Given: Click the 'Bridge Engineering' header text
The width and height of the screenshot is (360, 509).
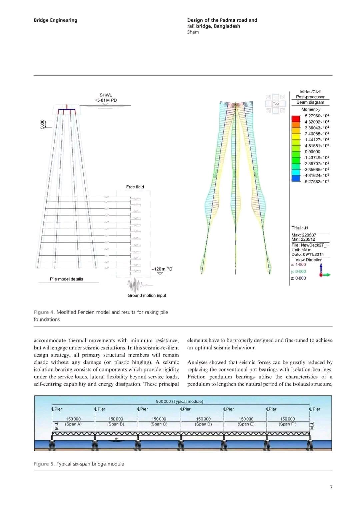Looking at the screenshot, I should click(55, 20).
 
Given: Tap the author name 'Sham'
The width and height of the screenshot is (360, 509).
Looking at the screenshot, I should click(193, 32).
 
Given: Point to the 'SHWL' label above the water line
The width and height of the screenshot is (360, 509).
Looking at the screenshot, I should click(106, 95).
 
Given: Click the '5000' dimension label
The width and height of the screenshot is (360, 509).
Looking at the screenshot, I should click(42, 124).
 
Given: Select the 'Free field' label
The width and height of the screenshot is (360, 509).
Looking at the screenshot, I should click(135, 187).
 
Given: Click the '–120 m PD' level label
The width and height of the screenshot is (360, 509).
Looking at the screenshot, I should click(162, 269).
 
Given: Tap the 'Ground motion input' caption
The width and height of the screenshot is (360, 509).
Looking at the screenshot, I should click(147, 295).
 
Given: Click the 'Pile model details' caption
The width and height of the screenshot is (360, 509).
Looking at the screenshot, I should click(66, 279).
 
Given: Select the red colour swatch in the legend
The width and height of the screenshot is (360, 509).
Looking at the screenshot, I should click(296, 119).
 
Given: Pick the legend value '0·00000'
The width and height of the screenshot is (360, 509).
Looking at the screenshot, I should click(312, 152).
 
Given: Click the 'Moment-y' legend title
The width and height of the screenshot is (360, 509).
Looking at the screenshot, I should click(311, 109).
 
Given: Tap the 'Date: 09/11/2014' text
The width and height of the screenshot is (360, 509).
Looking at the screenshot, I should click(307, 254).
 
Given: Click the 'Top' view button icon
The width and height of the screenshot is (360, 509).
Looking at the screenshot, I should click(276, 103).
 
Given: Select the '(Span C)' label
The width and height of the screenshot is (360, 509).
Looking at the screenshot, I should click(159, 424).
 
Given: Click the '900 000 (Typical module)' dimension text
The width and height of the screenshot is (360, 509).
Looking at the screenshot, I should click(179, 401).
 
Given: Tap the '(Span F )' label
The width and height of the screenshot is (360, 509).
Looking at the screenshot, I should click(287, 424).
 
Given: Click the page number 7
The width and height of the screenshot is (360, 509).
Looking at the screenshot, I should click(331, 487).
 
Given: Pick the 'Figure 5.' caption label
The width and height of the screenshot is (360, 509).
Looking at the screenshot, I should click(44, 464).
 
